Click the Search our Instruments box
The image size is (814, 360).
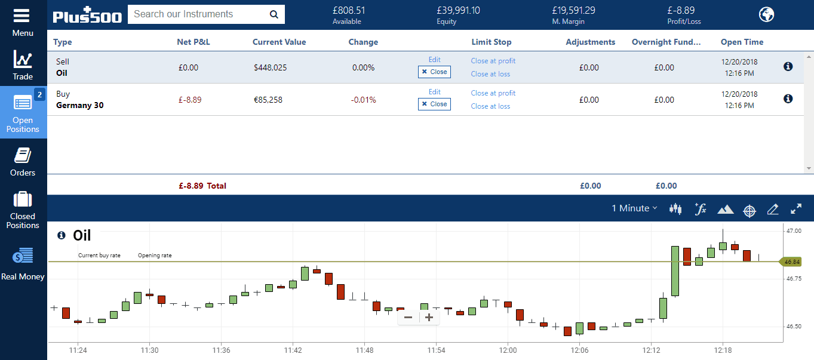197,14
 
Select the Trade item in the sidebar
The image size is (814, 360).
23,65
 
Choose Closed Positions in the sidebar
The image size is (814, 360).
23,210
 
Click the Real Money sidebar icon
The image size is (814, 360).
23,263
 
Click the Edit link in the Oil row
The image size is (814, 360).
434,60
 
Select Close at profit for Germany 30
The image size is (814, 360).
493,93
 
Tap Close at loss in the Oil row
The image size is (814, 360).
490,74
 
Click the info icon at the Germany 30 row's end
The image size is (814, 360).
788,99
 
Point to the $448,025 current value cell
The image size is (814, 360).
270,67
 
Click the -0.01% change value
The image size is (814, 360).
363,100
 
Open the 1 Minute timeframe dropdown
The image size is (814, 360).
634,208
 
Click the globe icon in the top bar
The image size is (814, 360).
766,15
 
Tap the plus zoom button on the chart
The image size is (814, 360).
429,318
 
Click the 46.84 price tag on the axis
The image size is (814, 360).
791,261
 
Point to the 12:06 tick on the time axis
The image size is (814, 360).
579,350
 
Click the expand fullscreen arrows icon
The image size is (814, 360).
796,209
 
